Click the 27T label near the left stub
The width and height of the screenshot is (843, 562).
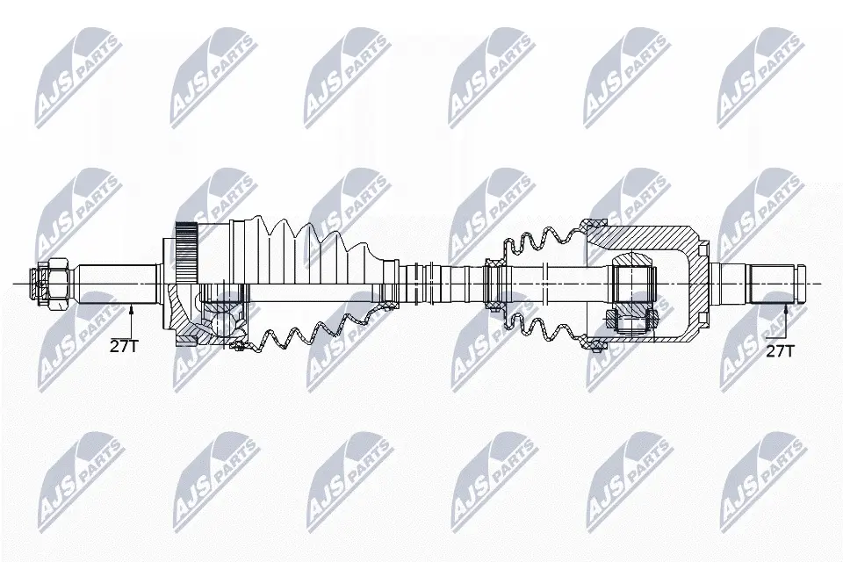click(x=124, y=346)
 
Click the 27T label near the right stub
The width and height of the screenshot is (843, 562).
click(x=780, y=351)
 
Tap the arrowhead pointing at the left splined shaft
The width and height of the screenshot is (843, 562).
click(x=131, y=308)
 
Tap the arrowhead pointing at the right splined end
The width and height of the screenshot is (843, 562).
click(x=786, y=308)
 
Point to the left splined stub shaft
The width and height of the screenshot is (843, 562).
click(x=117, y=284)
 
